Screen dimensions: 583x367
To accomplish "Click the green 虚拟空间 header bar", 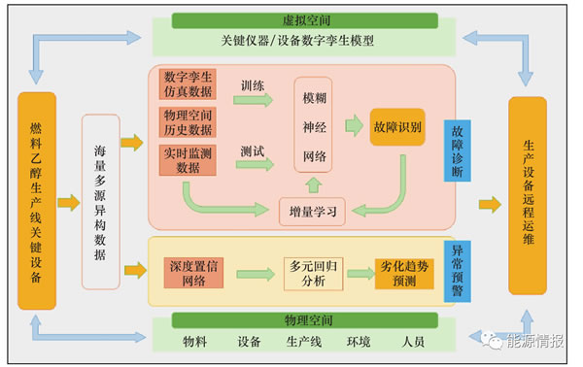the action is [x=304, y=20].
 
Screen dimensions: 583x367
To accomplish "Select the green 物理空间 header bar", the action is [x=304, y=320].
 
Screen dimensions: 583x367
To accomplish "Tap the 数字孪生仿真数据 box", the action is [x=188, y=84].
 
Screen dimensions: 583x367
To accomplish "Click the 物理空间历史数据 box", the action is [x=188, y=122].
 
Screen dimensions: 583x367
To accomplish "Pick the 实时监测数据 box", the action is [x=188, y=160].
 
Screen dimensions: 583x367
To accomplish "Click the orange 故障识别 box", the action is [x=397, y=127].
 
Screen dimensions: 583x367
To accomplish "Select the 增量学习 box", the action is [x=312, y=212].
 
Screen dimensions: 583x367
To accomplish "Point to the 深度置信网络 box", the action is [x=193, y=273].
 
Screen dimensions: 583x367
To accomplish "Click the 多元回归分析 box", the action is [x=313, y=274].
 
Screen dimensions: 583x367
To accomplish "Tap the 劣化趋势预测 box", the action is [x=404, y=274].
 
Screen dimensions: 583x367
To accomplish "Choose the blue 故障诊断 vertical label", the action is [x=458, y=150].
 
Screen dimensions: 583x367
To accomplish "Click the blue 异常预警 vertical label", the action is [x=458, y=271].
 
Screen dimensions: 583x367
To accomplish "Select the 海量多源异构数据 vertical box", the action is [x=101, y=202].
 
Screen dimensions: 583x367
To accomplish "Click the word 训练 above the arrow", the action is [x=253, y=85].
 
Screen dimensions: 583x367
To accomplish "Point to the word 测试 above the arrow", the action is [x=253, y=151].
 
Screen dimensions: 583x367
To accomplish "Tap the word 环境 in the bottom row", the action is [x=359, y=342].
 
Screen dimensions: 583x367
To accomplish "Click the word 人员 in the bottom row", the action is [x=413, y=342].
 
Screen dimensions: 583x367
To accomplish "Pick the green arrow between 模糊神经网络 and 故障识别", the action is [x=354, y=125].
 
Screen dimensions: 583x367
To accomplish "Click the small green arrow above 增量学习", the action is [x=314, y=185].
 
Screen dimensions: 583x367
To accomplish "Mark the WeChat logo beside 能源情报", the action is [x=492, y=340].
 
